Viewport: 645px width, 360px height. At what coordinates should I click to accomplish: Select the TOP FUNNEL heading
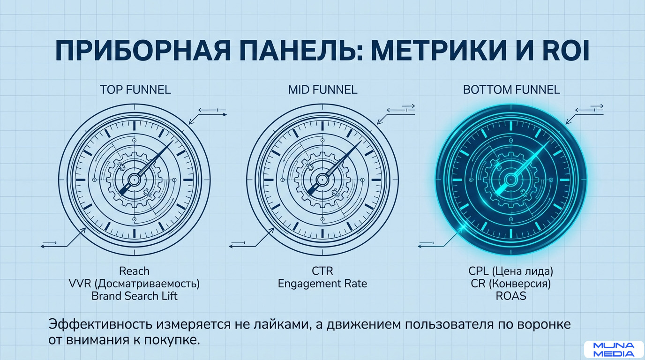click(135, 90)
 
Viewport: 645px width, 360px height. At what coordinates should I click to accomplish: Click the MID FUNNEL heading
click(322, 90)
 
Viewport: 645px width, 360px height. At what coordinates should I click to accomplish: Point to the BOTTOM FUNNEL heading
click(511, 90)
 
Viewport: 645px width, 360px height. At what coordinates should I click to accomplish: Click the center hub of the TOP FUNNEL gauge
click(134, 179)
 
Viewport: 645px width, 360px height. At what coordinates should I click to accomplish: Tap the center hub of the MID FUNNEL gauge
click(322, 179)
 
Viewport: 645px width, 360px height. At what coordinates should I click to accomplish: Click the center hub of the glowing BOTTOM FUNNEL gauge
click(510, 179)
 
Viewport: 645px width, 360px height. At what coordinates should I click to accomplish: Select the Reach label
click(134, 271)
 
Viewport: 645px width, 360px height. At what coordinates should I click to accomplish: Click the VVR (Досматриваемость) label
click(134, 284)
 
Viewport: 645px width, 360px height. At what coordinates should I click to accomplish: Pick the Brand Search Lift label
click(134, 296)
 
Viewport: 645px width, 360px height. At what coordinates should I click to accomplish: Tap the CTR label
click(322, 271)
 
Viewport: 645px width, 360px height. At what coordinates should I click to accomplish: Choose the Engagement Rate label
click(322, 284)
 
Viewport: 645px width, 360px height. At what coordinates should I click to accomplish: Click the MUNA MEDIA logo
click(614, 349)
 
